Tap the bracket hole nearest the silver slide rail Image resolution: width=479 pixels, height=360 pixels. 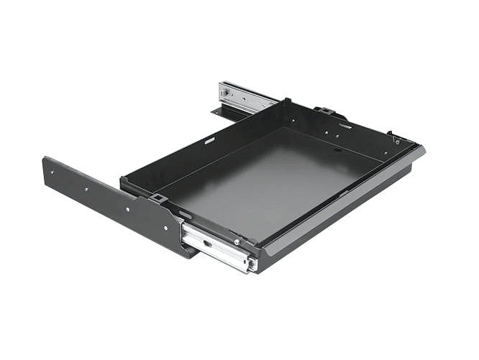(165, 227)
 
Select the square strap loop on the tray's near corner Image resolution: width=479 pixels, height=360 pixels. (159, 198)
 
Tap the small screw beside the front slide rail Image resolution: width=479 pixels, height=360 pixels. (236, 242)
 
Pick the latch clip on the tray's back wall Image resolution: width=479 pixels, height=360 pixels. (324, 111)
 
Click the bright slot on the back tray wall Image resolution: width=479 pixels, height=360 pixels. (346, 126)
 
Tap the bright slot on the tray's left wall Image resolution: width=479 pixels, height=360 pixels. (209, 141)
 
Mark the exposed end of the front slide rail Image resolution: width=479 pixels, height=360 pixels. (251, 264)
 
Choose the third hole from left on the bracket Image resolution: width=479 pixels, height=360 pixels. (127, 209)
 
